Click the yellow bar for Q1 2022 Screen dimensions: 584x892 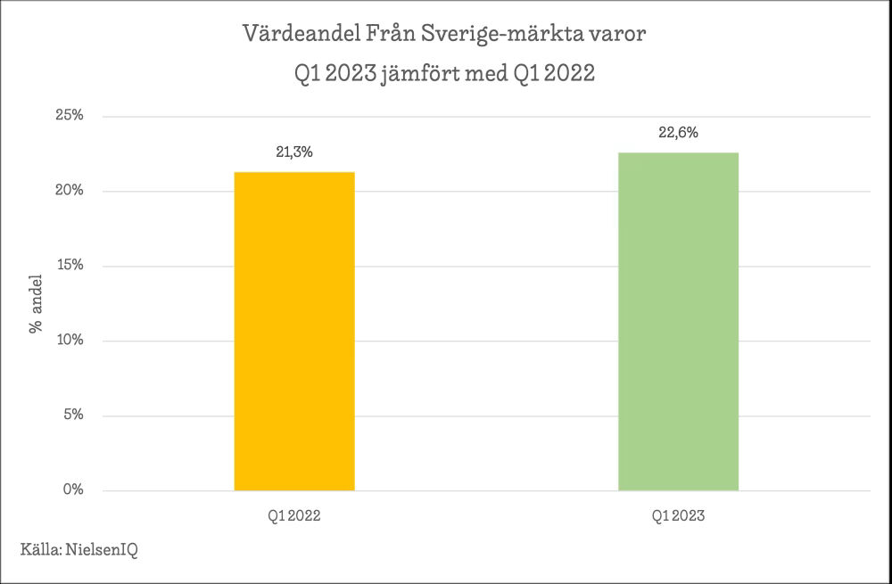pyautogui.click(x=294, y=331)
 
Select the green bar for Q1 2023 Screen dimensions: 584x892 pyautogui.click(x=678, y=321)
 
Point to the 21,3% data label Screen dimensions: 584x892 pyautogui.click(x=294, y=152)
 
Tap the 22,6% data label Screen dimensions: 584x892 pyautogui.click(x=678, y=133)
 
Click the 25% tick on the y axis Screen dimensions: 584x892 pyautogui.click(x=69, y=116)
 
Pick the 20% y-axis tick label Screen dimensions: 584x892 pyautogui.click(x=69, y=191)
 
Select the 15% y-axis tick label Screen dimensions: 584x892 pyautogui.click(x=69, y=266)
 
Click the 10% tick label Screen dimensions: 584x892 pyautogui.click(x=69, y=341)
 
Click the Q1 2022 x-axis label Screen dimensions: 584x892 pyautogui.click(x=294, y=516)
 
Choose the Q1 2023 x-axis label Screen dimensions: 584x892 pyautogui.click(x=678, y=516)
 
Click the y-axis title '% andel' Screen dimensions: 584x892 pyautogui.click(x=37, y=303)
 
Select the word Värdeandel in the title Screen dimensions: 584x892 pyautogui.click(x=301, y=35)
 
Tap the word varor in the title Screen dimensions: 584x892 pyautogui.click(x=622, y=35)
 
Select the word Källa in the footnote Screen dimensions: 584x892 pyautogui.click(x=39, y=550)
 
